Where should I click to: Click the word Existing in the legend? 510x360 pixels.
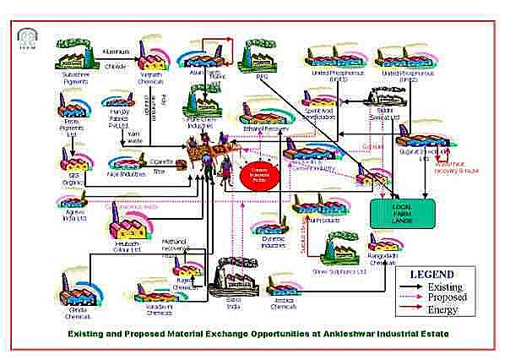(444, 287)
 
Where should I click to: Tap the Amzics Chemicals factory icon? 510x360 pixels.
(284, 291)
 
